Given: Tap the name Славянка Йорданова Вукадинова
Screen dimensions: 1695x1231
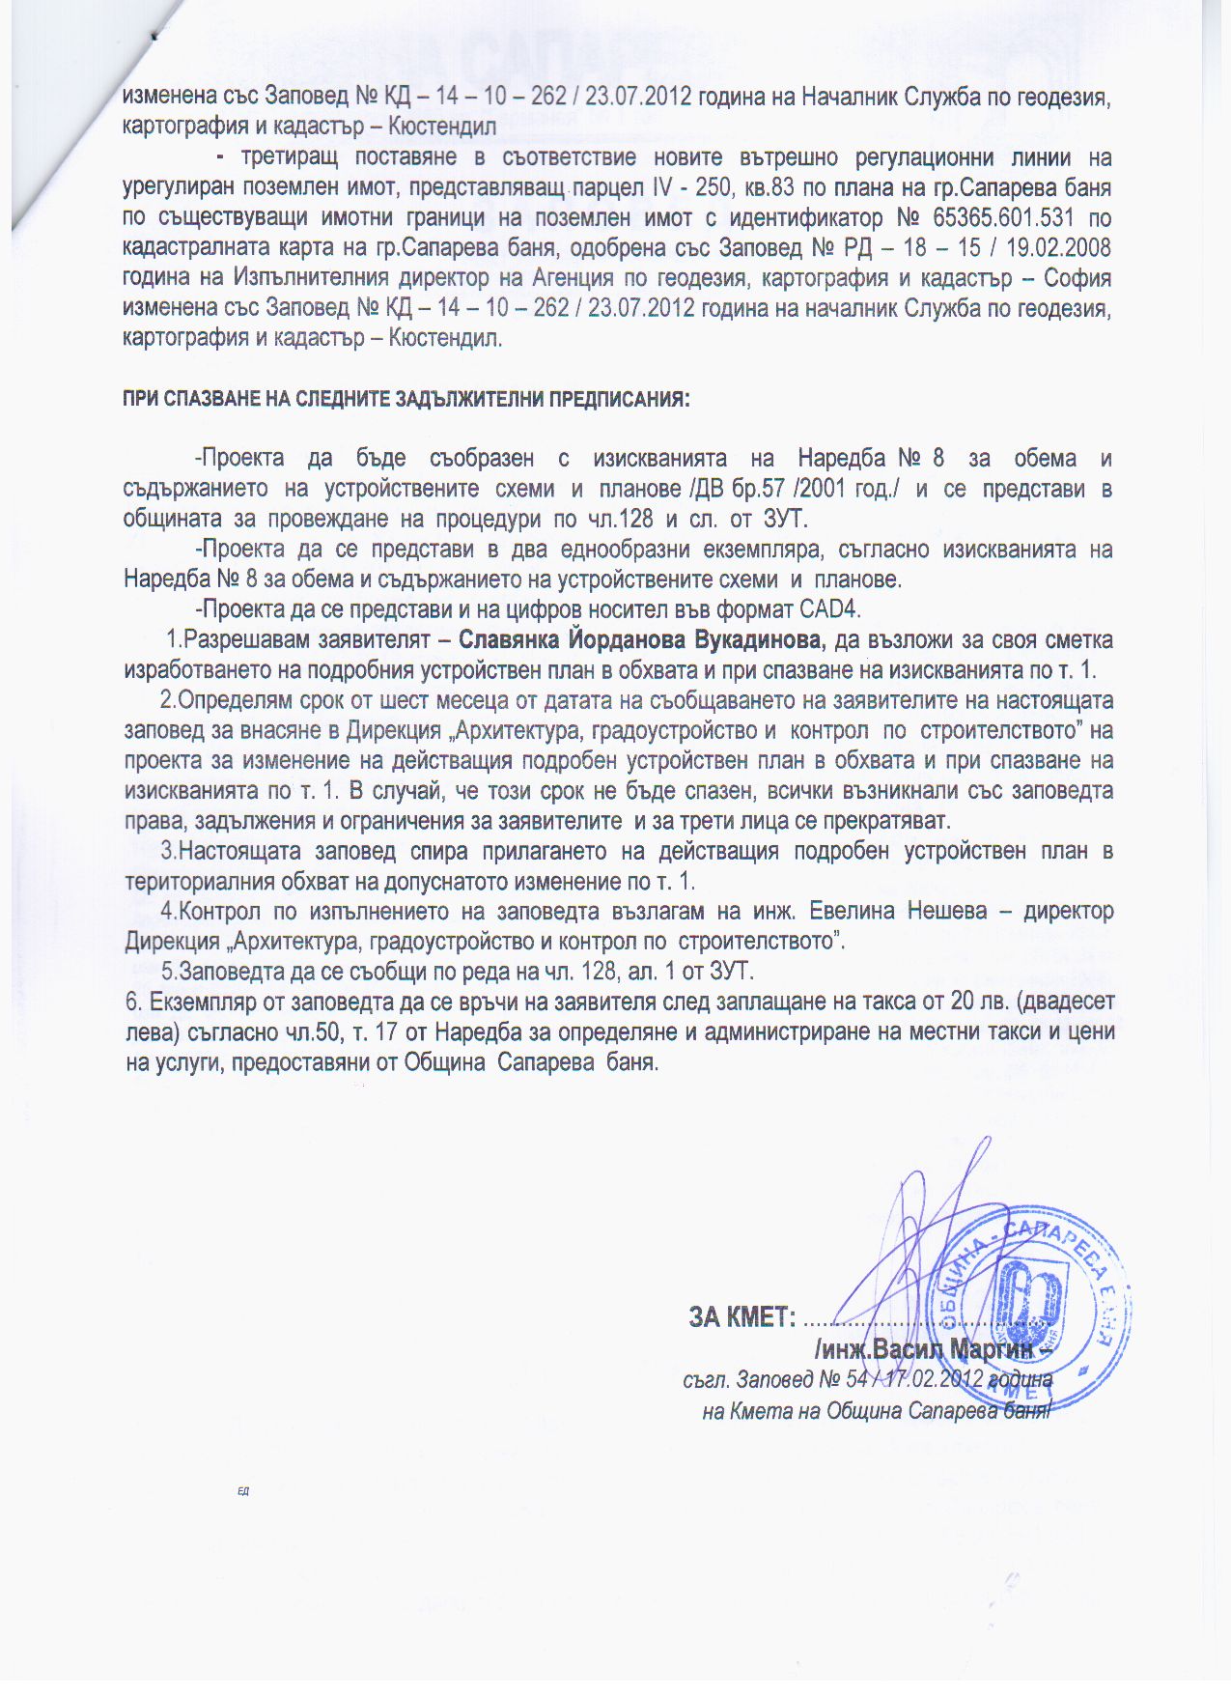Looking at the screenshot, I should point(641,640).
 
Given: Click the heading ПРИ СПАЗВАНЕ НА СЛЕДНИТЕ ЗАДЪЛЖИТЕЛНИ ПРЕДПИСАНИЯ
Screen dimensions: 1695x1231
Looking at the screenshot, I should point(406,400).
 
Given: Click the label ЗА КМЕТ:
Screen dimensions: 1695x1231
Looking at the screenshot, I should point(741,1316).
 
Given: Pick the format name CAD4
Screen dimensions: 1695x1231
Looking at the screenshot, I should point(830,610).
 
